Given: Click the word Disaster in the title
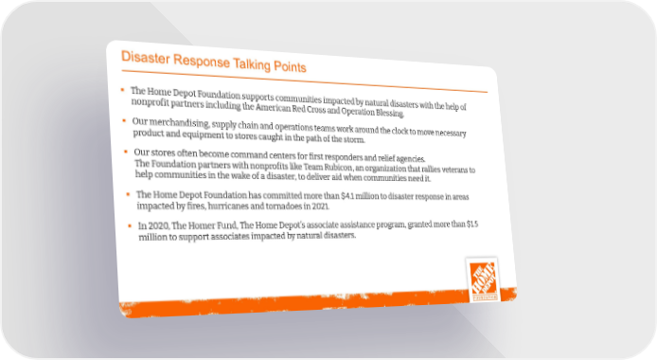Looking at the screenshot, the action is [145, 58].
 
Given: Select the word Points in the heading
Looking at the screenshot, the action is [290, 66].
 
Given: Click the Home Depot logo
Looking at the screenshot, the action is [483, 279].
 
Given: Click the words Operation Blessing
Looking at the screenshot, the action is [372, 113].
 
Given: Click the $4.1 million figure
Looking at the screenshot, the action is [360, 196].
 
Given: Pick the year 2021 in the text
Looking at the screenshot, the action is [321, 207].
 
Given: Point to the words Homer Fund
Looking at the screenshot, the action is [212, 225].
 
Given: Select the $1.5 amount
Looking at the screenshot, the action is [472, 224].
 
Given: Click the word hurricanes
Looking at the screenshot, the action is [229, 207].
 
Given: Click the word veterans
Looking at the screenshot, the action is [453, 170].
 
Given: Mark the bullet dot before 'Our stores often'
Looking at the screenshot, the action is [126, 152].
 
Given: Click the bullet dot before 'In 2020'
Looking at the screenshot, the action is [130, 225].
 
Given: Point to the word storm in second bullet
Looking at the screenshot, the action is [354, 139].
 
